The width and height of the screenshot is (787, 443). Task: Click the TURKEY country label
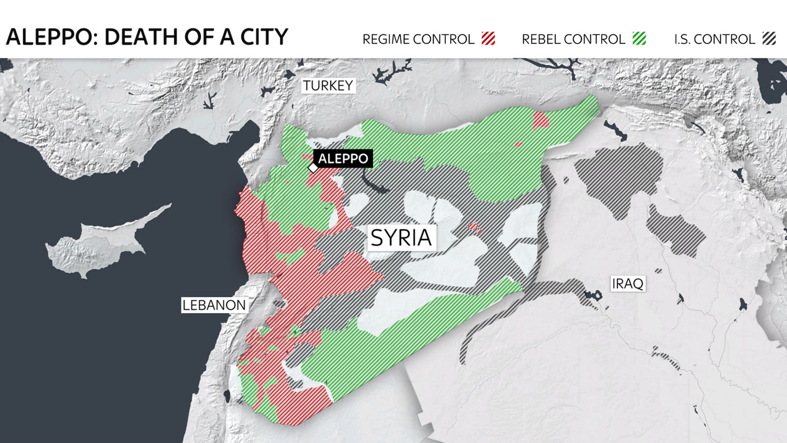(328, 86)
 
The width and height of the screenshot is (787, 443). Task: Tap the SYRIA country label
(401, 238)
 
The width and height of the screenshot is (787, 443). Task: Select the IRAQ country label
(627, 284)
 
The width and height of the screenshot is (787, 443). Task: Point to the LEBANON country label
(214, 305)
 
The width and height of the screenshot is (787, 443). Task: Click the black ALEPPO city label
(343, 158)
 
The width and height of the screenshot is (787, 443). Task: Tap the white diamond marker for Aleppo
(313, 168)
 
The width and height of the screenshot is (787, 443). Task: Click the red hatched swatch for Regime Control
(488, 38)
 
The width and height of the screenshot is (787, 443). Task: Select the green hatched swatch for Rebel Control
(639, 38)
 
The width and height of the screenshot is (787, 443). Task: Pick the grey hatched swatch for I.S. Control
(769, 38)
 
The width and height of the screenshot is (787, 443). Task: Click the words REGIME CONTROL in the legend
(418, 39)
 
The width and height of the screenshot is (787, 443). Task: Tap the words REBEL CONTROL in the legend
(573, 39)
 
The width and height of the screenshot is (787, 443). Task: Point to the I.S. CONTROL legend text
(714, 39)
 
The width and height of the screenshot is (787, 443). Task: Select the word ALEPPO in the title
(48, 37)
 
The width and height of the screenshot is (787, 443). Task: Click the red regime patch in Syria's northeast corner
(541, 120)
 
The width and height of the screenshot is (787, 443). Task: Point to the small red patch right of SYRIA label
(475, 227)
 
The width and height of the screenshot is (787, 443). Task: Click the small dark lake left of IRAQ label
(592, 295)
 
